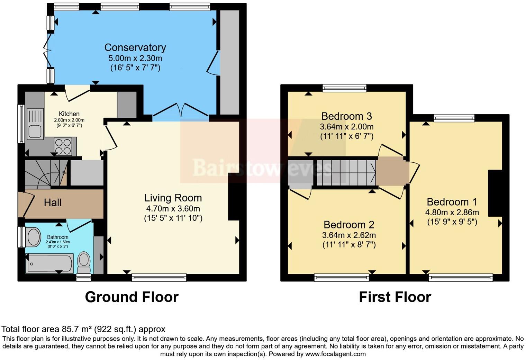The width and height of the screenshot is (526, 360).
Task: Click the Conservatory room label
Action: click(x=135, y=47)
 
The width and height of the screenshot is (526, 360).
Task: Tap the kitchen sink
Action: click(x=35, y=124)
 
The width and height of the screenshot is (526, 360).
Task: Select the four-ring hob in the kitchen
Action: click(x=63, y=146)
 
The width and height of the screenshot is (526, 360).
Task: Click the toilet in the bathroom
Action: click(x=84, y=263)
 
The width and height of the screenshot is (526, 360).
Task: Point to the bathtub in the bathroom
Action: click(x=49, y=263)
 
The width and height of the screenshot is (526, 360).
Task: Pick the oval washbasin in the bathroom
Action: click(x=34, y=237)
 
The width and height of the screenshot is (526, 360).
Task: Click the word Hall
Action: click(x=53, y=202)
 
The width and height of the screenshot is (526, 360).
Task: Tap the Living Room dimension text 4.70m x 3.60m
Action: click(x=173, y=209)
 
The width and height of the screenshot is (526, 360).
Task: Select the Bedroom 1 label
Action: click(x=452, y=202)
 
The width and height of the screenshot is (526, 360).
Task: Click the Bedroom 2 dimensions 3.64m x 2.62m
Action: click(x=349, y=235)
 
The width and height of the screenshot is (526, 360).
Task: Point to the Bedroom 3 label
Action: click(x=346, y=116)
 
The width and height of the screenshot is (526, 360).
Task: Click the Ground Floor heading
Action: click(x=131, y=297)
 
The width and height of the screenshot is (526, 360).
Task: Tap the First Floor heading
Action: click(x=395, y=297)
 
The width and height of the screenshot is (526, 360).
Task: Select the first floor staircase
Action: click(x=346, y=172)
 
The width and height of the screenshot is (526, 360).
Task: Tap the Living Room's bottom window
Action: click(x=159, y=277)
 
